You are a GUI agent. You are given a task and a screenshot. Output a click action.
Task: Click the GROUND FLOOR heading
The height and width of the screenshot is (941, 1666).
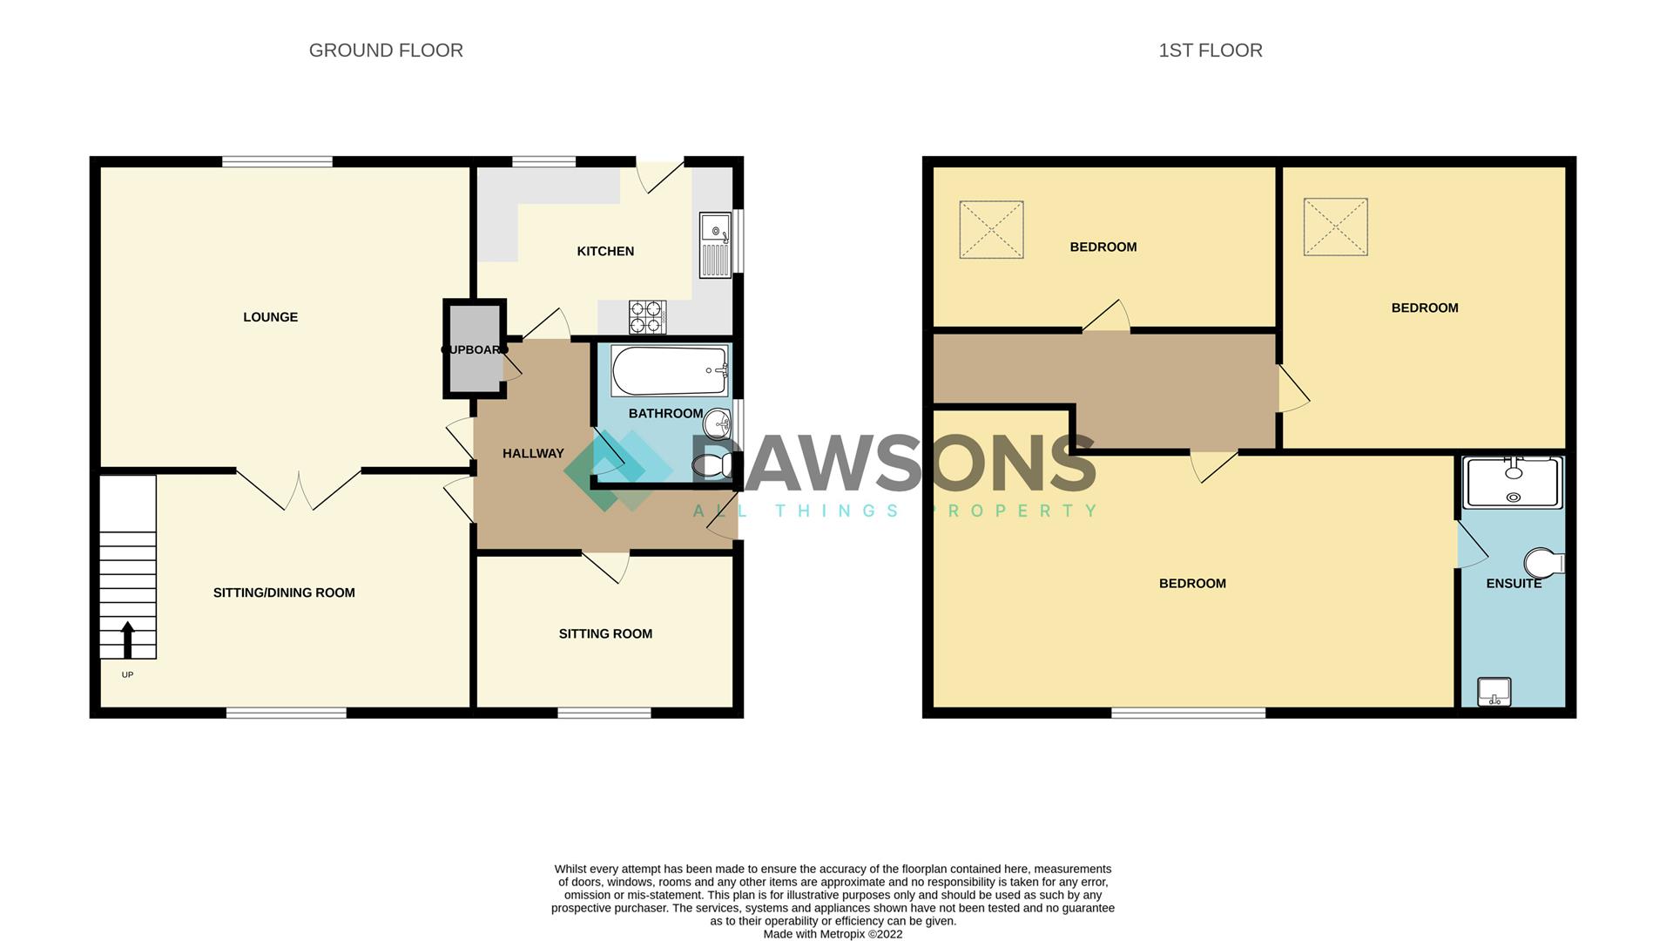tap(386, 51)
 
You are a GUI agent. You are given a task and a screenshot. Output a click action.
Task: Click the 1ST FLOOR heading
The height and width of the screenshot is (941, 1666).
tap(1210, 51)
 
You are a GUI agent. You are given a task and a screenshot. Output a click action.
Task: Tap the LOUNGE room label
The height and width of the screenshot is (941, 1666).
tap(270, 317)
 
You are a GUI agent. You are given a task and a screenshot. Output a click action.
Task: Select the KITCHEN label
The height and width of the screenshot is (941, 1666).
tap(605, 251)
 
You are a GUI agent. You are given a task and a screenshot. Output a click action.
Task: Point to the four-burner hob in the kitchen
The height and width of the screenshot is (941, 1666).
tap(647, 317)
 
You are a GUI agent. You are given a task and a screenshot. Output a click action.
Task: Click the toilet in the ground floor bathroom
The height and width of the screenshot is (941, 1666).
tap(712, 466)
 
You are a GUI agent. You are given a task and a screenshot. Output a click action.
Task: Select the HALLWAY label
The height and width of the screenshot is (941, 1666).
tap(533, 453)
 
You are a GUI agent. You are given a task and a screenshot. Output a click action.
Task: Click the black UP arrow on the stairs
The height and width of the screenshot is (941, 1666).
tap(127, 639)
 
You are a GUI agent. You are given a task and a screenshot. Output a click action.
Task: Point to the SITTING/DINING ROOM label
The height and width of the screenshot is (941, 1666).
tap(284, 592)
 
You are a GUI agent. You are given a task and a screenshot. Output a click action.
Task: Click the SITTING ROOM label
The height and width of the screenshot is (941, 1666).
tap(605, 633)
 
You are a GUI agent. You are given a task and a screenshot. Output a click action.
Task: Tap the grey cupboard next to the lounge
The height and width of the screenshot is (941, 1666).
tap(474, 349)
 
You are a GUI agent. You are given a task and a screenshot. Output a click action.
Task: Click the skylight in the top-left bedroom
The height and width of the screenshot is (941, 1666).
tap(991, 230)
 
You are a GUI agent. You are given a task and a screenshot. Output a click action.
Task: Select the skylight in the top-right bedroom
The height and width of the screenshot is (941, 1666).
tap(1335, 227)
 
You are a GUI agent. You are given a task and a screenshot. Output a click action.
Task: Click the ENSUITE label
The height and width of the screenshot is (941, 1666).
tap(1514, 584)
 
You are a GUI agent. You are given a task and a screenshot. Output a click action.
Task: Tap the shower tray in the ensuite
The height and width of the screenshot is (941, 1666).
tap(1513, 483)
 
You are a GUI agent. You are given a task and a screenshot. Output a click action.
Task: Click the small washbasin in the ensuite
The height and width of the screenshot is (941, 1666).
tap(1494, 692)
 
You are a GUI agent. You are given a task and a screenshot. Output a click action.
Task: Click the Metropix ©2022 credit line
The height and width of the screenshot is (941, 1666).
tap(833, 934)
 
